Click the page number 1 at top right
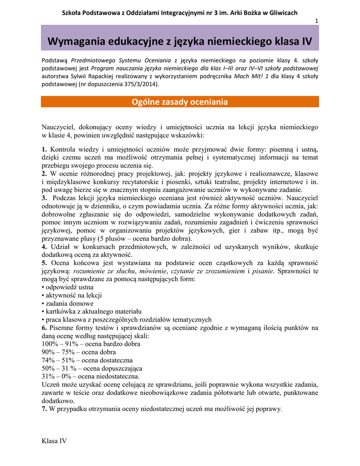point(316,21)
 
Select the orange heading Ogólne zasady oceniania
point(180,102)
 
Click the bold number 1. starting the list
point(45,149)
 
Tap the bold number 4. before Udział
point(45,247)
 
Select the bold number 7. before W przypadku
point(45,409)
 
